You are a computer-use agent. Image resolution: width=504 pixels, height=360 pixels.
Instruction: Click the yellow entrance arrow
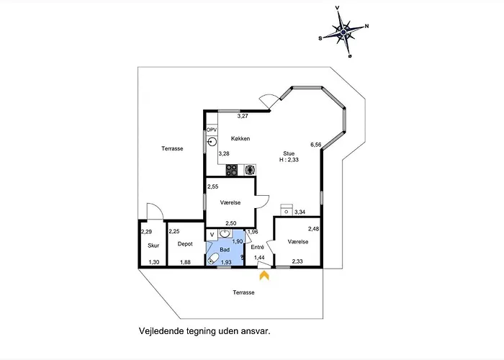click(x=264, y=275)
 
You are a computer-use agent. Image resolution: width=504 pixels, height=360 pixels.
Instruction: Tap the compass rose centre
click(x=343, y=32)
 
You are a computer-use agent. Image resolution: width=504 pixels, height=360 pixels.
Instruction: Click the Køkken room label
click(x=240, y=138)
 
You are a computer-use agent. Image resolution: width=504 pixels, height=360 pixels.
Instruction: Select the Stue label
click(x=289, y=153)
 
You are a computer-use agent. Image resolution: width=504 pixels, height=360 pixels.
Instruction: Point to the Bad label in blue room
click(x=225, y=249)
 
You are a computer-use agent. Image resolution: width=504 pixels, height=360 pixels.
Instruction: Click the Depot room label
click(x=185, y=244)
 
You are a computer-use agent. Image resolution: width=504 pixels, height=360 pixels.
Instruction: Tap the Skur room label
click(x=153, y=246)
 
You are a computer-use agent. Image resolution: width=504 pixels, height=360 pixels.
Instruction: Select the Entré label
click(x=258, y=247)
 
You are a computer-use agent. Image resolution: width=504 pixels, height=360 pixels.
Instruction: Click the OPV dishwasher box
click(x=212, y=130)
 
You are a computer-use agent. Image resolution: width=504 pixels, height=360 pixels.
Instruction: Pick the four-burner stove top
click(x=231, y=170)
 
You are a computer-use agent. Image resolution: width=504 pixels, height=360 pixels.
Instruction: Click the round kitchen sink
click(x=212, y=141)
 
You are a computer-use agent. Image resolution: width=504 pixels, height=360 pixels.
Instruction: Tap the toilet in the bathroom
click(x=213, y=258)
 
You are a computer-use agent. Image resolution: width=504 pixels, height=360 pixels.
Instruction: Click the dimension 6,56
click(x=315, y=145)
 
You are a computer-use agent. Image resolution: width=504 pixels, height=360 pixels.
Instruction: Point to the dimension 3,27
click(x=243, y=116)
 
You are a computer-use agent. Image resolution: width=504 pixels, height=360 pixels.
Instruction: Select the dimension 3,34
click(x=300, y=212)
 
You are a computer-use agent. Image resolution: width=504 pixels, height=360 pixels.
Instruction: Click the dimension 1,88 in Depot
click(x=185, y=262)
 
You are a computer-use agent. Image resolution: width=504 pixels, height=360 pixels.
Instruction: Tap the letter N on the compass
click(x=366, y=27)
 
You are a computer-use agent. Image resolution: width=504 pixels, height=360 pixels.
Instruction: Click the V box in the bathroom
click(x=212, y=235)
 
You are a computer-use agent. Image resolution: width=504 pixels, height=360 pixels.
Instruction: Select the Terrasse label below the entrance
click(x=243, y=292)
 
